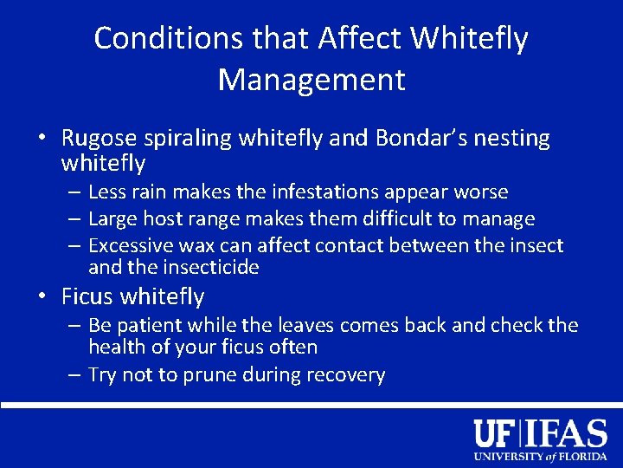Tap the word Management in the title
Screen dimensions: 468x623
click(x=311, y=80)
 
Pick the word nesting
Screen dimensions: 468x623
click(x=514, y=139)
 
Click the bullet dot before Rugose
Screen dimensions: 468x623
click(x=42, y=140)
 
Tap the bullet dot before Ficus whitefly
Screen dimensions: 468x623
click(x=42, y=297)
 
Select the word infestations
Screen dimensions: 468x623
click(x=317, y=192)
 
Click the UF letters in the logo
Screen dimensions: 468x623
click(x=497, y=432)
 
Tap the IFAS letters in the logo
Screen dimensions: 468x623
click(x=568, y=432)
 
